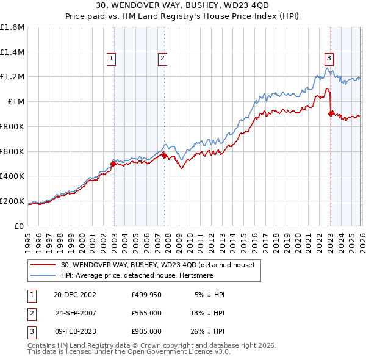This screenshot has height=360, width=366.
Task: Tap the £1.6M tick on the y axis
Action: tap(12, 27)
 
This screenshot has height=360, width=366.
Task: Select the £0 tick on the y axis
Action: tap(20, 226)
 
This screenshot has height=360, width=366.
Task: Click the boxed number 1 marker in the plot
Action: tap(112, 59)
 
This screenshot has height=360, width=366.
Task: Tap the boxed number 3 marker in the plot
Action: tap(329, 59)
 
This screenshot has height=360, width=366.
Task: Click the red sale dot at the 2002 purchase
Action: tap(113, 164)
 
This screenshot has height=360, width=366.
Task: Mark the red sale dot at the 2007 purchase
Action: tap(164, 156)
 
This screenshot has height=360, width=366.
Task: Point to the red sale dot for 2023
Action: tap(330, 113)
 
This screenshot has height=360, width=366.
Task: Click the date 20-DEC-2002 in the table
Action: tap(75, 294)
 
